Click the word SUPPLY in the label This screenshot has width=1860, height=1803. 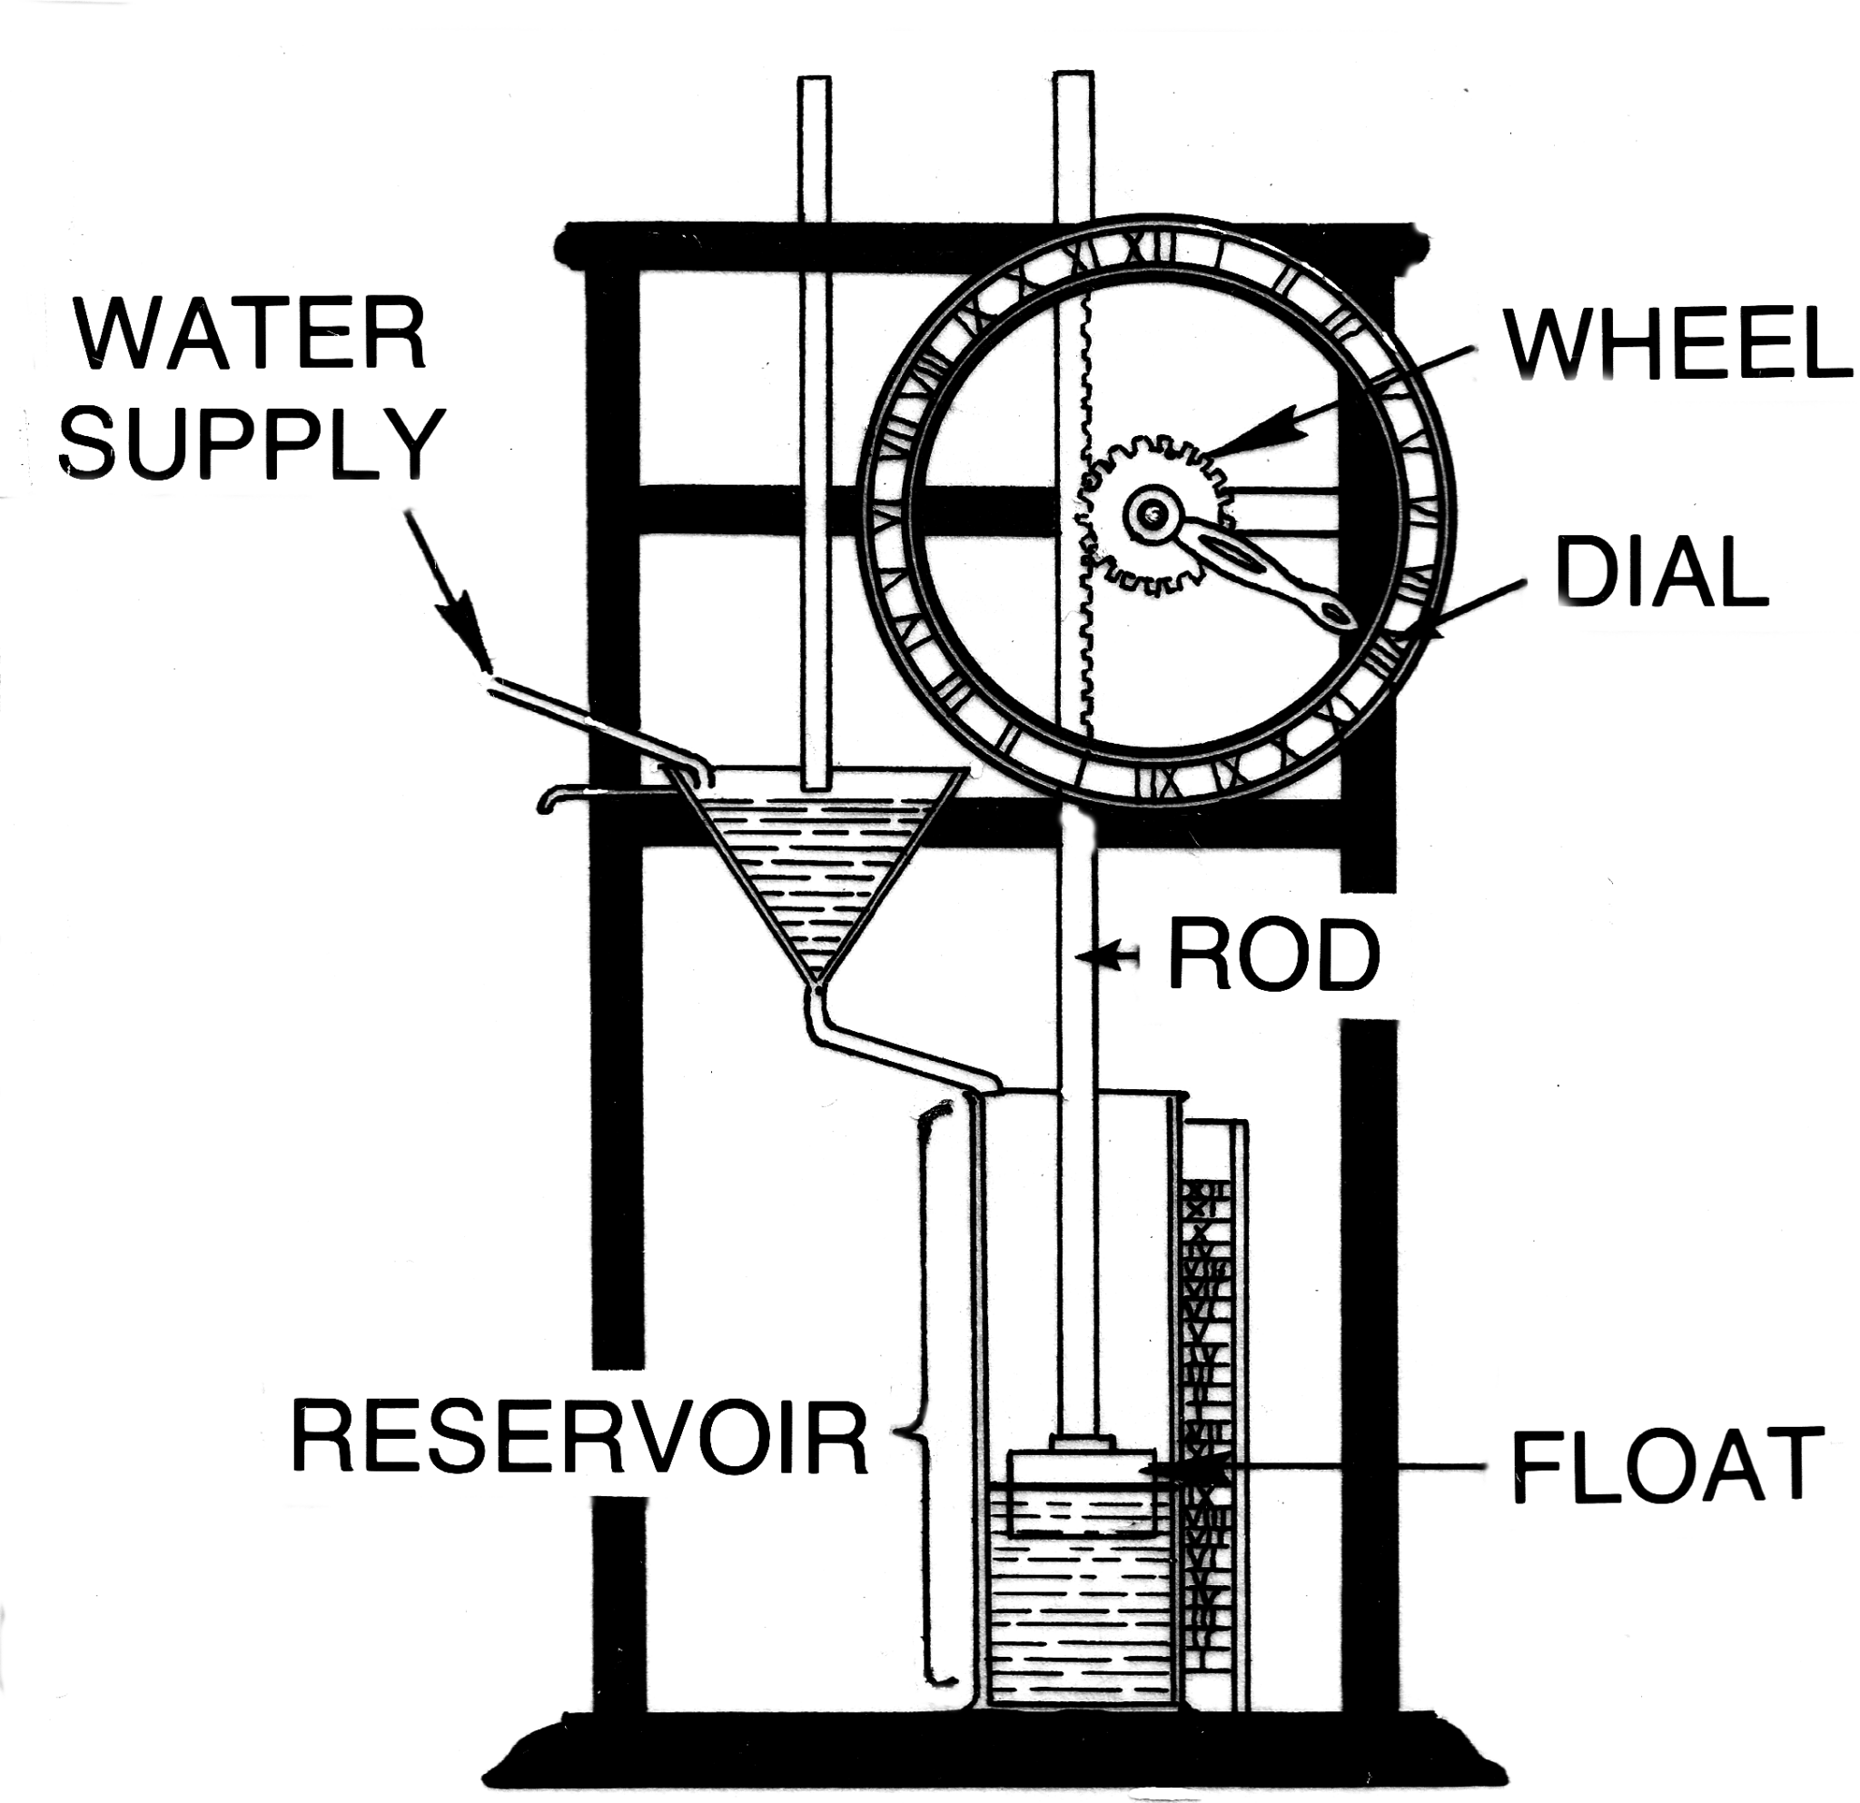pos(251,444)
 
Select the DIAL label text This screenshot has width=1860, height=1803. pos(1662,572)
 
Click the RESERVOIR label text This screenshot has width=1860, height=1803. pos(579,1438)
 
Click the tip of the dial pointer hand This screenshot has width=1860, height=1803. pos(1340,616)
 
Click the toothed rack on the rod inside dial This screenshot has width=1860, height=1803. pos(1087,531)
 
